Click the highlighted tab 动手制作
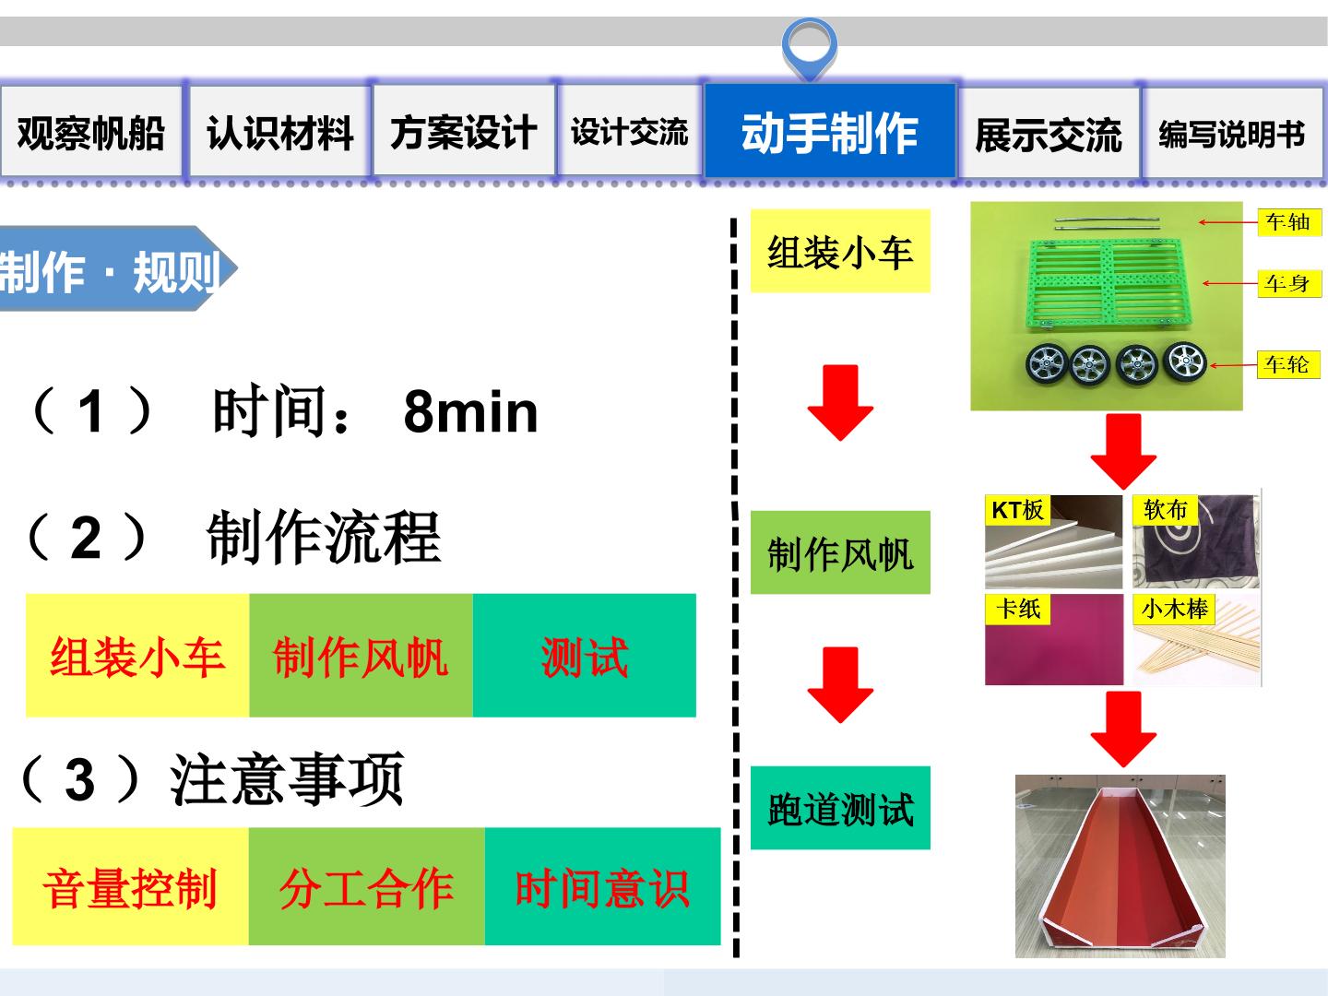830,131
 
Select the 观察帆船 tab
91,131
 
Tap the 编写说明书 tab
1232,133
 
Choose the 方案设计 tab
464,131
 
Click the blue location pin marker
810,48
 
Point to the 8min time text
470,412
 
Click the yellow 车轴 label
1288,222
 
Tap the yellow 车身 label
1288,283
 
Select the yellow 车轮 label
1288,364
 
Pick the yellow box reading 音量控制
130,886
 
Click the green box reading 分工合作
367,886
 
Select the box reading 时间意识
602,886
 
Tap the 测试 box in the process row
585,656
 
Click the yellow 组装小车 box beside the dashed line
840,251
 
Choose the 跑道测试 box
840,808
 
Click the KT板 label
1017,510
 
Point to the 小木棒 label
1174,609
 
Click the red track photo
1120,866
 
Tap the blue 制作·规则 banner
115,268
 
